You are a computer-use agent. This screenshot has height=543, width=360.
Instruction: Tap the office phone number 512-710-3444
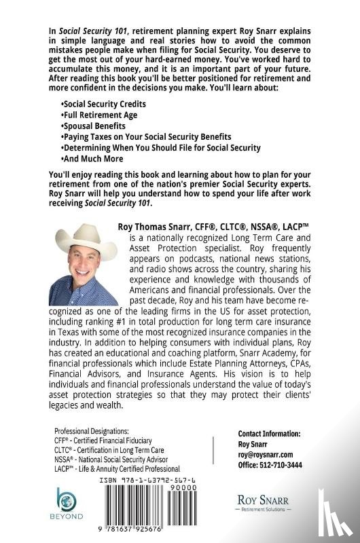tap(270, 465)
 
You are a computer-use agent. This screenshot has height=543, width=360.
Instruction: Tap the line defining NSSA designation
tap(117, 460)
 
